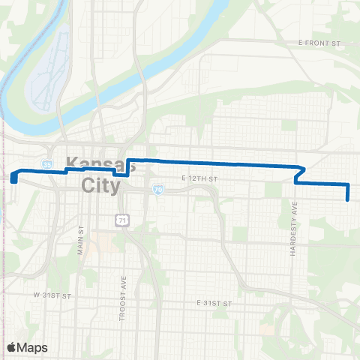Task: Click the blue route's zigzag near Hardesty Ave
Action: [299, 174]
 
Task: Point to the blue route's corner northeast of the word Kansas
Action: [129, 160]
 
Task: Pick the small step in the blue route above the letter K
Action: [67, 170]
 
